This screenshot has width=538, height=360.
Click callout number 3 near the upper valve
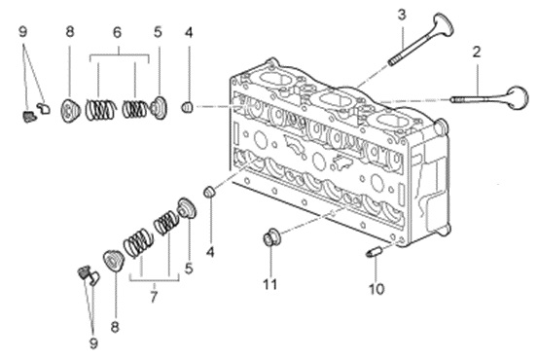click(x=402, y=15)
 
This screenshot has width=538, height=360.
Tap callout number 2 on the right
click(x=477, y=53)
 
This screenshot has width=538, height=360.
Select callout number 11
click(x=270, y=284)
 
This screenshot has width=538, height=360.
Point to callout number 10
click(x=377, y=289)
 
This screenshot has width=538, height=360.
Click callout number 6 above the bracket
click(x=117, y=33)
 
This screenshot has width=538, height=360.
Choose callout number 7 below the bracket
click(x=154, y=297)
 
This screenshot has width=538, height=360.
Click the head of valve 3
click(x=442, y=24)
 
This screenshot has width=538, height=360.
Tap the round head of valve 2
click(x=518, y=98)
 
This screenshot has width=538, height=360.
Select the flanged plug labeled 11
click(x=271, y=236)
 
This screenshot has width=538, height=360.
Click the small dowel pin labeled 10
click(x=372, y=253)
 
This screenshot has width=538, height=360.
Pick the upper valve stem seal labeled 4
click(x=187, y=107)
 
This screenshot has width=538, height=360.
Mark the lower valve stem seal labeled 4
click(x=209, y=192)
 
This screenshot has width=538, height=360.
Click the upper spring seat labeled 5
click(x=159, y=108)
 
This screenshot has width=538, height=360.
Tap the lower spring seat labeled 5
click(x=187, y=207)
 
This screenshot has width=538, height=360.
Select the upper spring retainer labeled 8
click(x=70, y=111)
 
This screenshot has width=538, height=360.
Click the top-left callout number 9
click(x=22, y=32)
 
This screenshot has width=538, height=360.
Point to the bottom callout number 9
click(x=93, y=343)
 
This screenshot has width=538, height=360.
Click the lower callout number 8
click(x=115, y=327)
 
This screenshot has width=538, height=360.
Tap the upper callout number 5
click(x=158, y=32)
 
